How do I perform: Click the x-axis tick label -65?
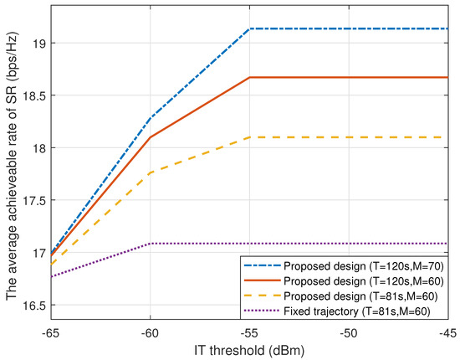click(x=51, y=331)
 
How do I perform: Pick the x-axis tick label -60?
click(x=150, y=331)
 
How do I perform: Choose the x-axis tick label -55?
click(x=249, y=331)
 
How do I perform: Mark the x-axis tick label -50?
click(x=348, y=331)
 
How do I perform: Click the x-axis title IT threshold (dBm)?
click(x=248, y=347)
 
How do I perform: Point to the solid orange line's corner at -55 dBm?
click(x=249, y=77)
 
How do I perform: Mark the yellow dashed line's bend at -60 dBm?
click(x=150, y=172)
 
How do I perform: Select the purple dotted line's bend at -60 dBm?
click(x=150, y=244)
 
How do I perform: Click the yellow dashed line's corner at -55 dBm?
click(x=249, y=137)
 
